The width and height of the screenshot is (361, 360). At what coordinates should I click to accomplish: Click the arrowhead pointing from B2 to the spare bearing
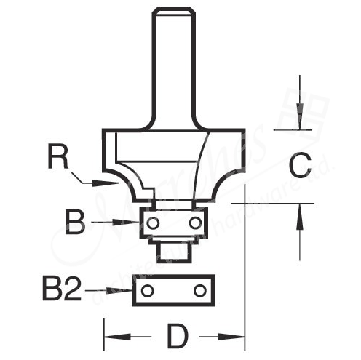click(124, 291)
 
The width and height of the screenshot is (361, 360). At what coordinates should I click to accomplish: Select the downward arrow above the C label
click(298, 118)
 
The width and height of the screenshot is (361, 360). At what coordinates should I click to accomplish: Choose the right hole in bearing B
click(195, 222)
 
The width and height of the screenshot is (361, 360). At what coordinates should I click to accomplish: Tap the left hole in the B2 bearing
click(148, 291)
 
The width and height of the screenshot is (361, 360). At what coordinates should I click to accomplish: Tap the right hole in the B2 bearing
click(197, 291)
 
